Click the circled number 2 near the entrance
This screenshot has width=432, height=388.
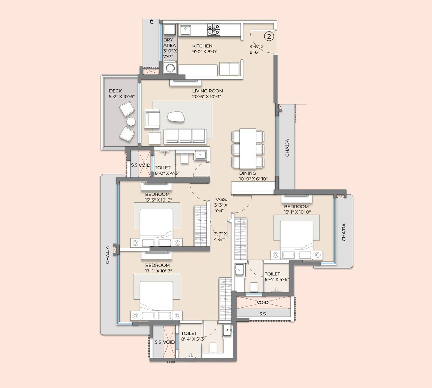pos(269,36)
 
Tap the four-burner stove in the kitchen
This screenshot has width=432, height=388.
pos(214,29)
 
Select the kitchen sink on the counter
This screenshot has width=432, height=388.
pos(185,30)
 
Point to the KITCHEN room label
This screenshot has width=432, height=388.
pos(202,46)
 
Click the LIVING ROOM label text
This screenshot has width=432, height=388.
pos(207,91)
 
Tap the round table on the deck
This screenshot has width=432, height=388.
pos(131,121)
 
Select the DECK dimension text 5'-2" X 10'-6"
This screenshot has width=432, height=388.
pos(122,96)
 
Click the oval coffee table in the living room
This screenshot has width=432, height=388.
pos(176,116)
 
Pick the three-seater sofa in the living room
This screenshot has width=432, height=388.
pos(185,136)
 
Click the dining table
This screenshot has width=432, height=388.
pos(248,148)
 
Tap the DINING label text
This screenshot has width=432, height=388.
pos(247,173)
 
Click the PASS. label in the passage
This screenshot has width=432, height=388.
pos(221,199)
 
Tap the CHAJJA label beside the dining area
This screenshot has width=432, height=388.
pos(287,148)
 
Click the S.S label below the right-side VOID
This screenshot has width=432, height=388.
pos(262,314)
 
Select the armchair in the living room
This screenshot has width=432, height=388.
pos(152,118)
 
